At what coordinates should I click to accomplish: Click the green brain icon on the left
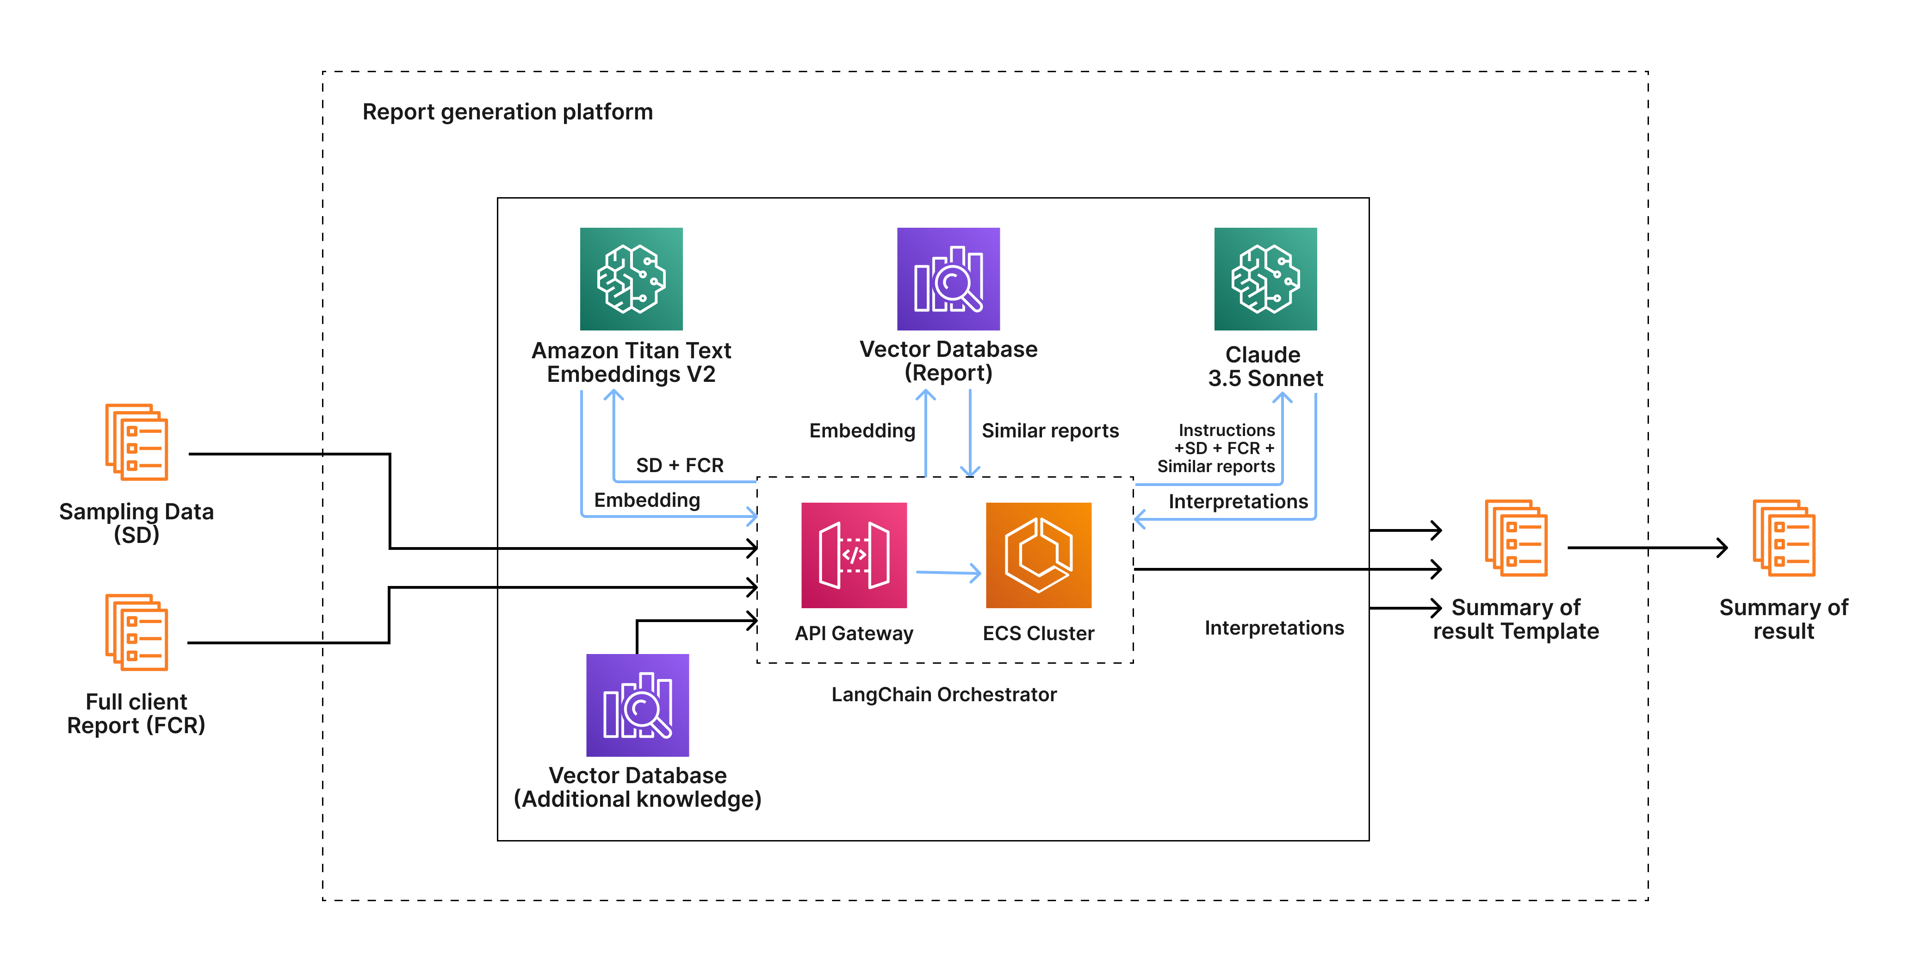point(631,279)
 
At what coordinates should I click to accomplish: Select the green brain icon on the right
point(1265,279)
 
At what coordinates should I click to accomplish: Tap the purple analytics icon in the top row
point(948,279)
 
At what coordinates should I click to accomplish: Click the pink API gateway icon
point(854,555)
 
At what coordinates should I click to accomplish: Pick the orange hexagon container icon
point(1038,555)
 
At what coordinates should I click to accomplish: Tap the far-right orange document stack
point(1784,538)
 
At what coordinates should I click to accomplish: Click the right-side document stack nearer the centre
point(1516,538)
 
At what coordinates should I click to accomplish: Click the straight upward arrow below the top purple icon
point(925,433)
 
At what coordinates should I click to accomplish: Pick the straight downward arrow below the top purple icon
point(969,433)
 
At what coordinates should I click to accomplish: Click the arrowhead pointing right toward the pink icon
point(752,516)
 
